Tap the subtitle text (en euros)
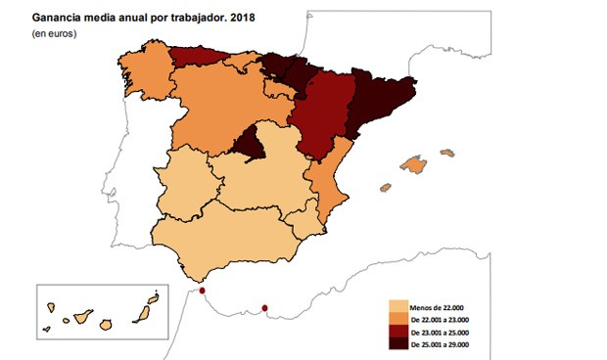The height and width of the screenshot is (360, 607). [56, 33]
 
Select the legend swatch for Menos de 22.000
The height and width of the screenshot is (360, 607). [397, 305]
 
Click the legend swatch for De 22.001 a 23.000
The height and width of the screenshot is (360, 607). [397, 318]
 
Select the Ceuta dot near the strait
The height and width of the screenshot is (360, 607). [202, 291]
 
